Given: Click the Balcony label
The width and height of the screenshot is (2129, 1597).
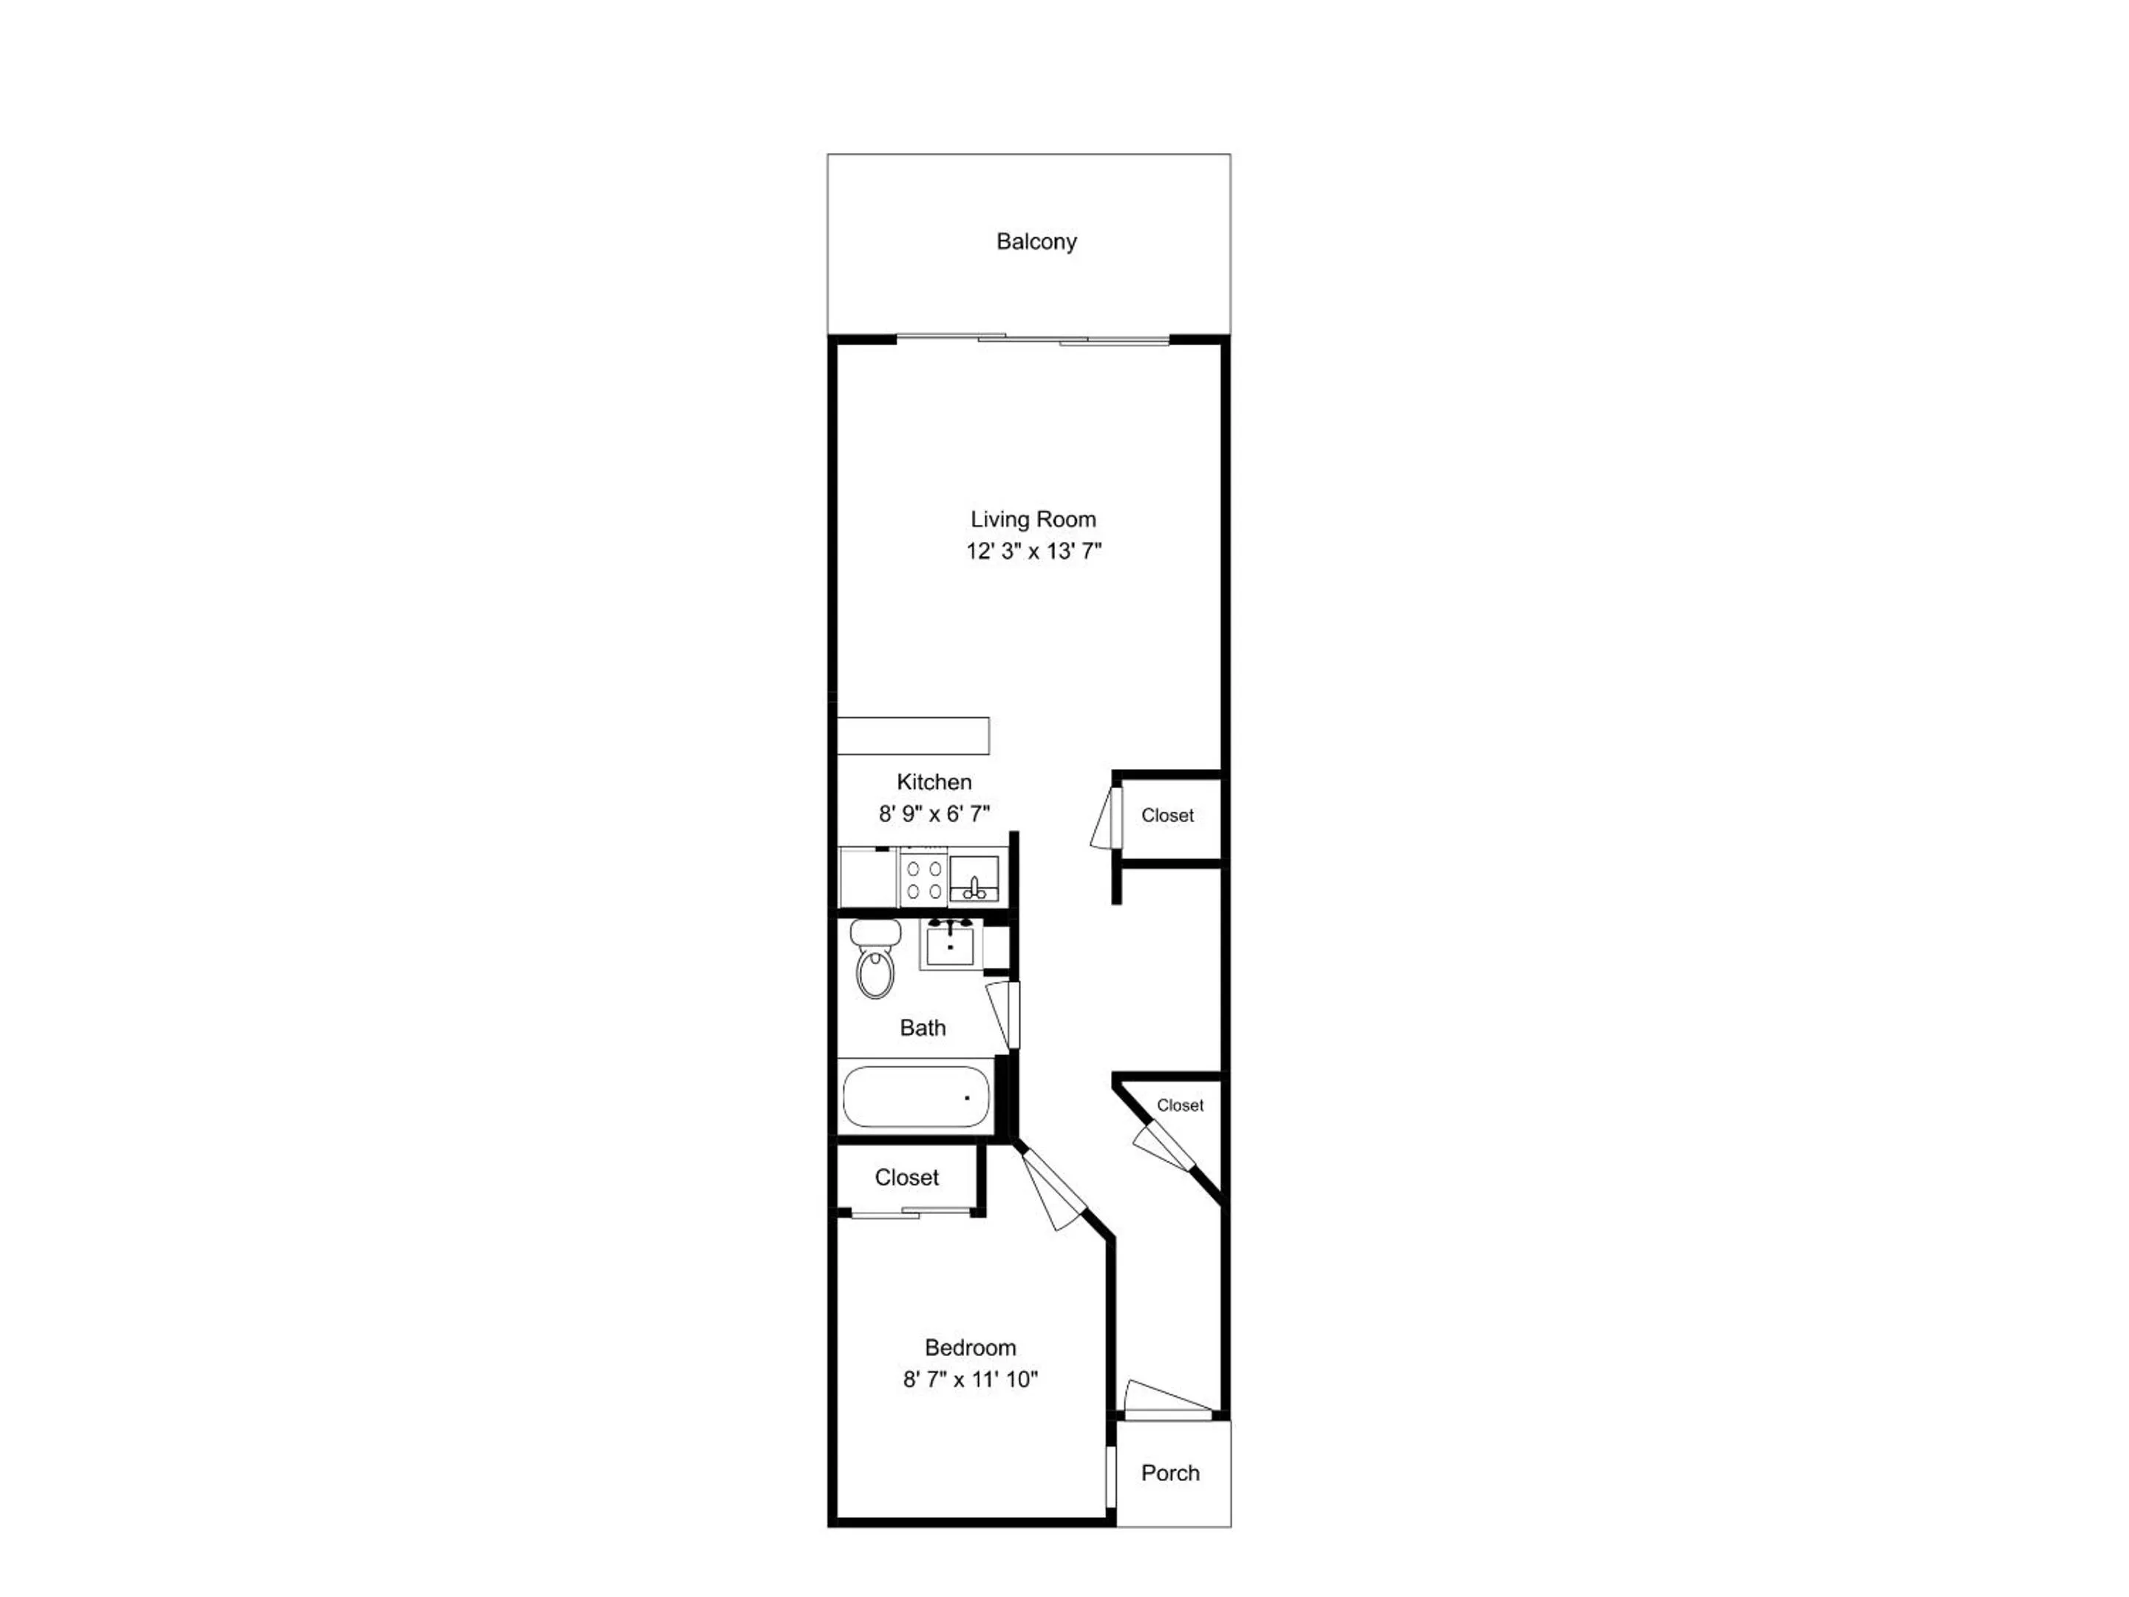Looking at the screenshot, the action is click(x=1036, y=242).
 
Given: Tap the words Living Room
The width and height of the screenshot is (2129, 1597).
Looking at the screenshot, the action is click(x=1033, y=520).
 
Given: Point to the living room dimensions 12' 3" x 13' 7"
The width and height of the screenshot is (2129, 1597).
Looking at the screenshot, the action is click(x=1033, y=552).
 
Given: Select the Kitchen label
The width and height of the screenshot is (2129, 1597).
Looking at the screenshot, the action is click(x=934, y=781).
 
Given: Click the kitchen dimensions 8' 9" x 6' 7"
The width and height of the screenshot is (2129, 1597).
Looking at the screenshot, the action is click(x=934, y=813).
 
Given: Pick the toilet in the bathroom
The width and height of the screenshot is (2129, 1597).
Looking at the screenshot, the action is click(x=875, y=957).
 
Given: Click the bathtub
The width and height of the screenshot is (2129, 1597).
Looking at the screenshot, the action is click(x=916, y=1097).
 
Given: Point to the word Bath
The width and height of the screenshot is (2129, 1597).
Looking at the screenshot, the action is click(x=922, y=1028).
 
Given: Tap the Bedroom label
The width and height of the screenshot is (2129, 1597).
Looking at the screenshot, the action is click(x=970, y=1348).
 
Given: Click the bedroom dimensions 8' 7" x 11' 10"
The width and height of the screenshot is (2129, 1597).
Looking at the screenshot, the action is click(x=970, y=1380).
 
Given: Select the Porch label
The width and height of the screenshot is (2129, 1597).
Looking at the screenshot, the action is click(x=1170, y=1473).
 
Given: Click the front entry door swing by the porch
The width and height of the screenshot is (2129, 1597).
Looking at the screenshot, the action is click(x=1167, y=1400).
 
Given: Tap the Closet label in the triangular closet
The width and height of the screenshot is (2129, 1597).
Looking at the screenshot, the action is click(x=1180, y=1105).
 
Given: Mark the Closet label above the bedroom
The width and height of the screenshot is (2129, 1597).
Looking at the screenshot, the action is click(x=906, y=1177).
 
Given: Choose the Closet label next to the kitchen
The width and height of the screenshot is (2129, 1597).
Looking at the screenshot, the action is click(x=1167, y=816).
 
